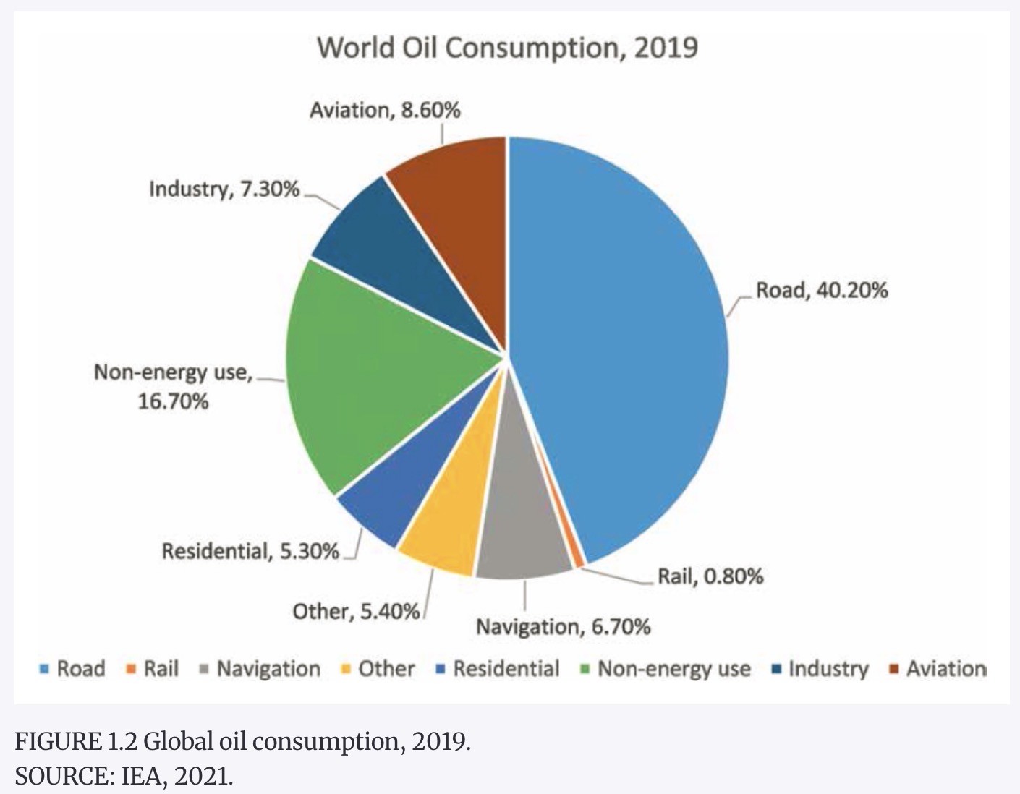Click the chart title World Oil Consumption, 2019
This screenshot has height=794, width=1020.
(507, 48)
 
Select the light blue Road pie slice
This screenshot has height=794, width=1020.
(622, 340)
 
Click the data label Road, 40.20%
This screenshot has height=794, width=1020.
(822, 291)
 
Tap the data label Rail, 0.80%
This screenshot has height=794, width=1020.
(710, 576)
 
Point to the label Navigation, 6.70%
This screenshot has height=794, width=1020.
(563, 627)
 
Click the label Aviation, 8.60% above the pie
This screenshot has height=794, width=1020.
(385, 111)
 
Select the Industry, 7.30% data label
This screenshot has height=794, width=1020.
(224, 189)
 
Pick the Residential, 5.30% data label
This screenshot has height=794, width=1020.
(250, 552)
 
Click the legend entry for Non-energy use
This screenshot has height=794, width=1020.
(673, 669)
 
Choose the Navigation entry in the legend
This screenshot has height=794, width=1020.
(268, 669)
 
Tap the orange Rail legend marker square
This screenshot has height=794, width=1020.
(131, 669)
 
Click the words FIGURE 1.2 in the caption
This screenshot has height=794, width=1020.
(76, 742)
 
